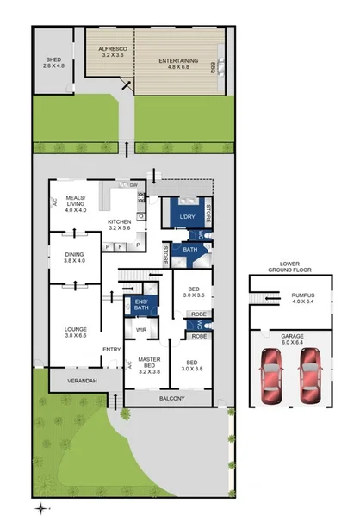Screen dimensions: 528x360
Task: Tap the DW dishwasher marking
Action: [133, 185]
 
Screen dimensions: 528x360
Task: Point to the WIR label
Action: [141, 327]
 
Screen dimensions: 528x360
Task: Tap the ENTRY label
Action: [112, 349]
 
